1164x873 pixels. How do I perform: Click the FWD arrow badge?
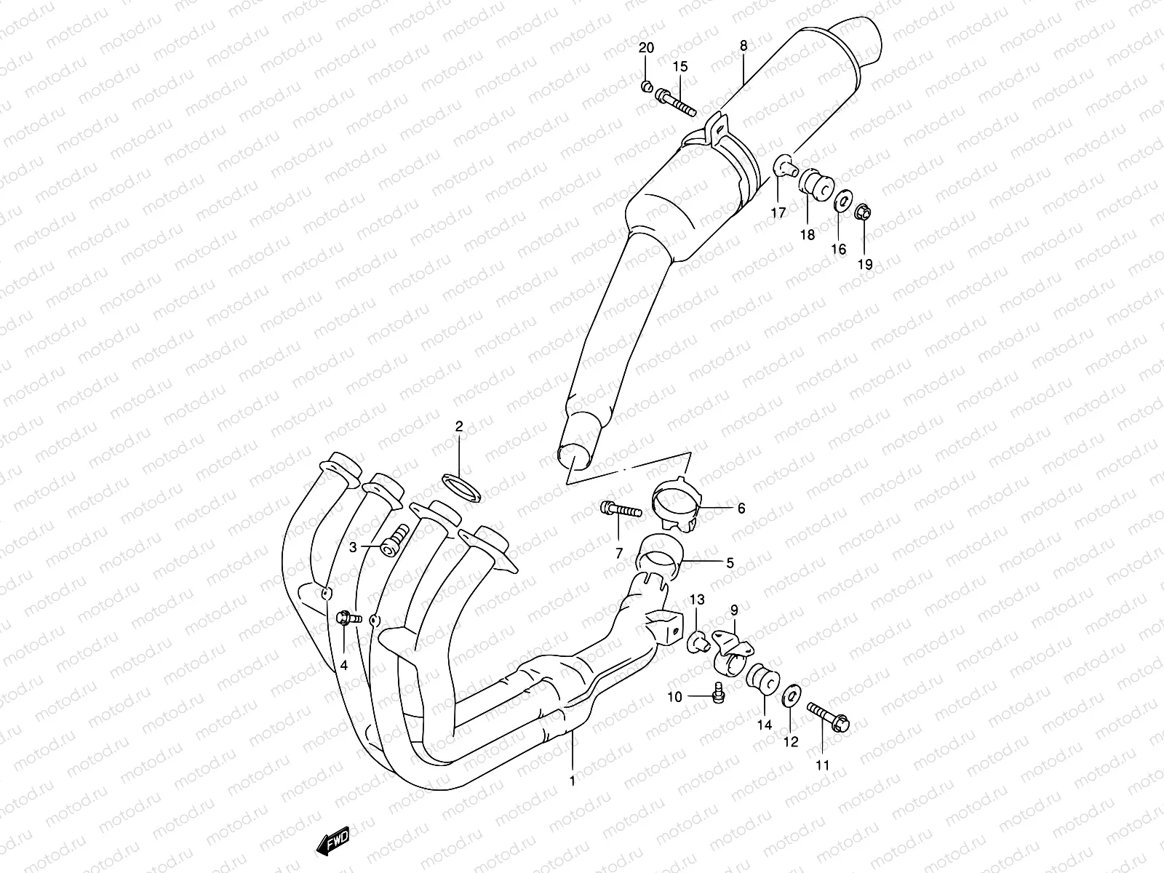333,843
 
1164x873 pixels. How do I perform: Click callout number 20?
646,49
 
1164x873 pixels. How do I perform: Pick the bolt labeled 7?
620,511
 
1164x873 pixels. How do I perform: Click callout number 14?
765,725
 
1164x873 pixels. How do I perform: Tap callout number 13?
697,599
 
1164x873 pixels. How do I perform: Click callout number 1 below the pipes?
573,781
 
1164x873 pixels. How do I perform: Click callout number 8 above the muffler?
743,46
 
